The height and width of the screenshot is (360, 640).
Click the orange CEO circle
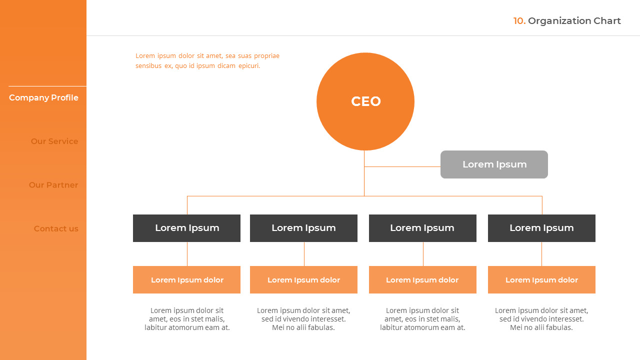point(365,101)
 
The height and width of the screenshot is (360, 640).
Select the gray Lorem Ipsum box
point(494,164)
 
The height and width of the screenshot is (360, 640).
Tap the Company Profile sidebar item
point(43,97)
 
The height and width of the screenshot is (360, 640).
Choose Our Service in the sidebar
point(54,141)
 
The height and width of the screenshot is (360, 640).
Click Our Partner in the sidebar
point(53,185)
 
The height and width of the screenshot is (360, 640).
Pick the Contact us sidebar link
point(56,228)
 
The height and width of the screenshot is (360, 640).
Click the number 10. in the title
point(519,21)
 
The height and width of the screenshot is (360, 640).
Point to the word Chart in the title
point(607,21)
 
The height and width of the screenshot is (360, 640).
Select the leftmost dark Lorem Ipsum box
point(186,228)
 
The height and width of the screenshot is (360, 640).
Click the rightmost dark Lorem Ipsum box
point(541,228)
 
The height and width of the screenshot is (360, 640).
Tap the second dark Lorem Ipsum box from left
point(303,228)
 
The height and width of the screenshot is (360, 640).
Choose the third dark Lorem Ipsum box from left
point(422,228)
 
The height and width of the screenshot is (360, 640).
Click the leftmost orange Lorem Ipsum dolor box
point(186,279)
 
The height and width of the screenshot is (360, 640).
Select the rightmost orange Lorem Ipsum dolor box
point(541,279)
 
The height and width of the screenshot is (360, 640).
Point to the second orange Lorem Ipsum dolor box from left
point(303,279)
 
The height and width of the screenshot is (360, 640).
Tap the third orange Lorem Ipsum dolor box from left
point(422,279)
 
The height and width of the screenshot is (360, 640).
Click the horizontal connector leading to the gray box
point(402,166)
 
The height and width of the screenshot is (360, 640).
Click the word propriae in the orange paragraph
point(266,56)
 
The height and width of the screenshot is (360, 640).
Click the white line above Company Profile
point(47,86)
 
